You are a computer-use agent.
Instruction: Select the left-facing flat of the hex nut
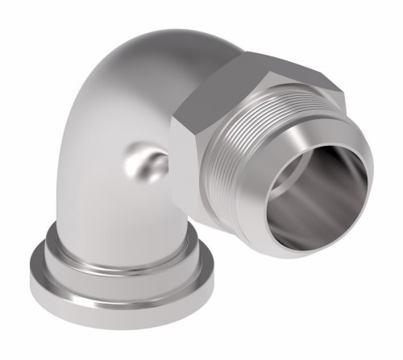pyautogui.click(x=197, y=145)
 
